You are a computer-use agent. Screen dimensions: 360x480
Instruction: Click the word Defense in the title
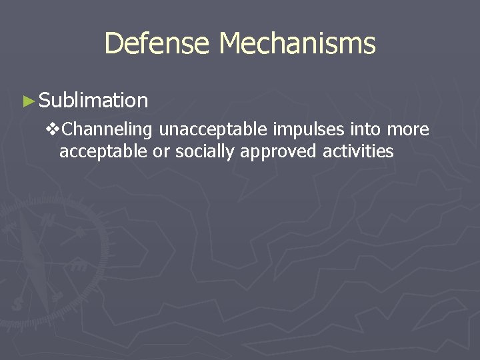158,44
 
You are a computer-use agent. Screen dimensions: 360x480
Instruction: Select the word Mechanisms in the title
297,44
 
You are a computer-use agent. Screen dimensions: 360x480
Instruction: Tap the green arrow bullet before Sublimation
28,101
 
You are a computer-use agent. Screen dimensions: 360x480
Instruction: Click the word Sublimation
93,101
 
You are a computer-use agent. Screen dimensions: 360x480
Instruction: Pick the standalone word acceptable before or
103,151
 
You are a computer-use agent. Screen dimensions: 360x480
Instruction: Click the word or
161,152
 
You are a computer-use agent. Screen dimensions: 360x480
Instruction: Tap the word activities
359,151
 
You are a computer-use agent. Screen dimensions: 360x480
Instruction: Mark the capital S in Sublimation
45,101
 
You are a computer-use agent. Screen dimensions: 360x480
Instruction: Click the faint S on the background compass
16,304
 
